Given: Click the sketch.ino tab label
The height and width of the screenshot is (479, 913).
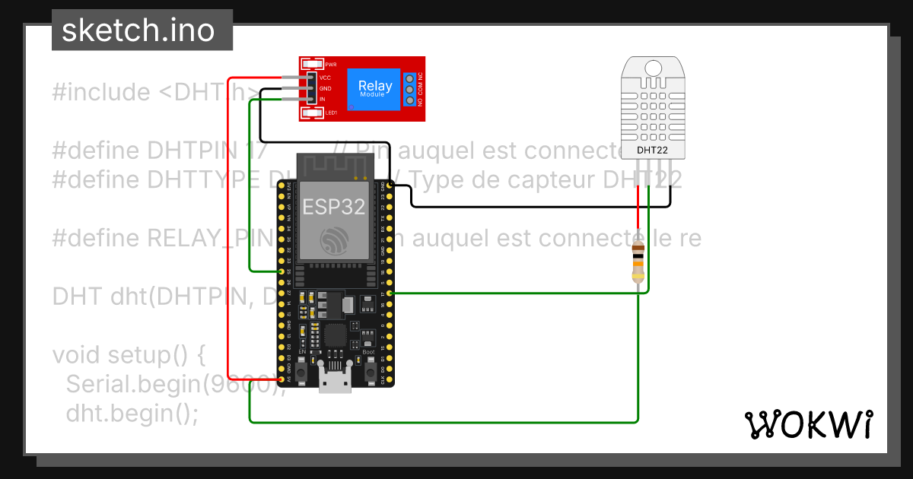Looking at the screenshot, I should (x=137, y=30).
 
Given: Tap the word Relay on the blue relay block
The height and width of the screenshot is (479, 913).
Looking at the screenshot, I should (x=375, y=86).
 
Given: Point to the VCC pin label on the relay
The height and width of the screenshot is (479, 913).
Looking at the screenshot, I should (x=325, y=78).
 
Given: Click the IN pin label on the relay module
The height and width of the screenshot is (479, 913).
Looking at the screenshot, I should (x=322, y=100).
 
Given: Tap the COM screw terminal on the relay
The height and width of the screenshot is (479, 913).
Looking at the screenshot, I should (x=409, y=89).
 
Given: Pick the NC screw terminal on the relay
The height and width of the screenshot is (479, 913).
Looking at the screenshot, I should (x=409, y=78).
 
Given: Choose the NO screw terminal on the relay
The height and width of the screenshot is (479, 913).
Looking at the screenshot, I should (x=409, y=100).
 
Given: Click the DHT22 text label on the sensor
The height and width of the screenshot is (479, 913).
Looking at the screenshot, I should (x=652, y=150).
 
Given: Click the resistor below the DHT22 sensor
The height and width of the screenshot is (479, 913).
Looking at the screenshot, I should (x=638, y=259).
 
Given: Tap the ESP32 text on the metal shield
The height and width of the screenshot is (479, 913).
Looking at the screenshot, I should (x=333, y=206).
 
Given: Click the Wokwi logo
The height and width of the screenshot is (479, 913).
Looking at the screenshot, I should (x=808, y=424).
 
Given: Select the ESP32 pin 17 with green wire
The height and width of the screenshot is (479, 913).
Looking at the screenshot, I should (x=390, y=293).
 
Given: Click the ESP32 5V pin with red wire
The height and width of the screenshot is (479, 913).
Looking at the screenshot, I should (x=282, y=379).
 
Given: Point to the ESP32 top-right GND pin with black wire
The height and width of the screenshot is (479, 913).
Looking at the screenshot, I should (x=390, y=185).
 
